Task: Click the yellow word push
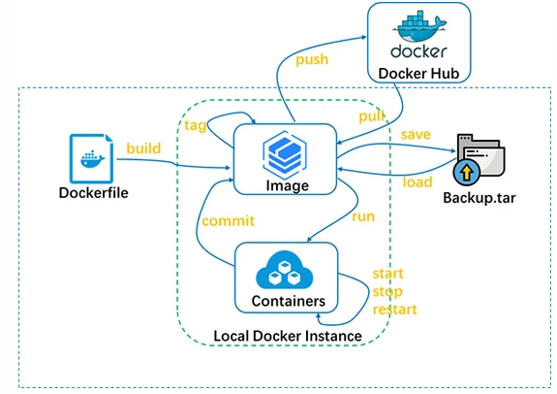click(x=312, y=60)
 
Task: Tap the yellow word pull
click(x=372, y=115)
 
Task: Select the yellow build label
click(x=143, y=148)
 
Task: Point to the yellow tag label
click(x=196, y=125)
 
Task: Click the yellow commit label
click(x=228, y=221)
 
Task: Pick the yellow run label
click(x=363, y=216)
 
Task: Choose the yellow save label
click(x=416, y=135)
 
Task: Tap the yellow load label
click(x=418, y=181)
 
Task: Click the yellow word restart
click(x=394, y=310)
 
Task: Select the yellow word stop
click(x=387, y=292)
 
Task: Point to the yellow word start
click(x=387, y=274)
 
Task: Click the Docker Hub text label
click(x=418, y=74)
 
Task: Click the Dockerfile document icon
click(x=91, y=158)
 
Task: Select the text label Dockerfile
click(x=93, y=192)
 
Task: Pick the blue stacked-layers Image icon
click(x=285, y=155)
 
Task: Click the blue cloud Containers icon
click(x=284, y=270)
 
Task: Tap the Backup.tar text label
click(x=480, y=198)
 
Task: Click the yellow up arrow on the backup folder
click(x=466, y=173)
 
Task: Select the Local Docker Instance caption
click(x=288, y=336)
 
